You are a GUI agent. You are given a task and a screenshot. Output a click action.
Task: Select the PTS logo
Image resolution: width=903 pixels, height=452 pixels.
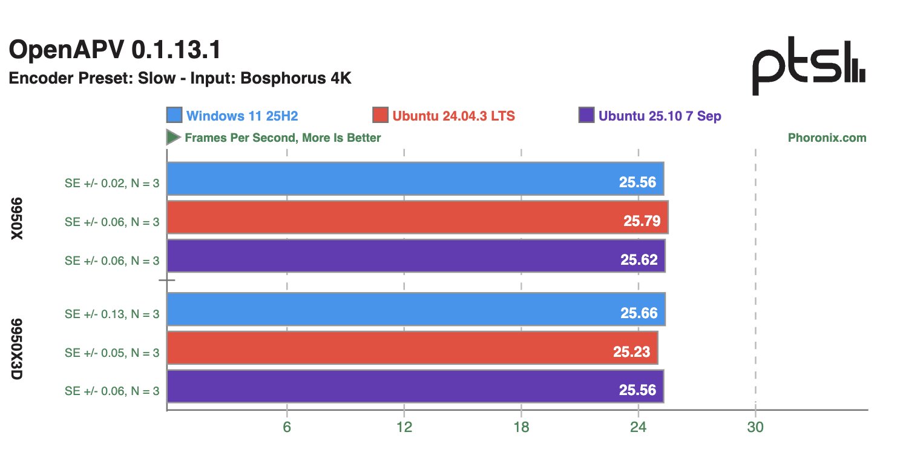point(808,67)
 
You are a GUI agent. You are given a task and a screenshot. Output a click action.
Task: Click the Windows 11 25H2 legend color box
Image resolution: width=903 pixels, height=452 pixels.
point(174,115)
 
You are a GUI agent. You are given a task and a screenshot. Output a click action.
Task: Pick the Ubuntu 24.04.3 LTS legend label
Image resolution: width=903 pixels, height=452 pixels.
point(453,116)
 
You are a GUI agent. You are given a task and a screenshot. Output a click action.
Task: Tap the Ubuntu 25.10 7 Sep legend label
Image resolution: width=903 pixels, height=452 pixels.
point(660,116)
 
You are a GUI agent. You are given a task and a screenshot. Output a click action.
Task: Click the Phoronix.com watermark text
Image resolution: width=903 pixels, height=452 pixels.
point(827,138)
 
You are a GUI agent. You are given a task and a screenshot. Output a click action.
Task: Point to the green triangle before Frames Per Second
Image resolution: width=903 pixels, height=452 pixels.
point(173,138)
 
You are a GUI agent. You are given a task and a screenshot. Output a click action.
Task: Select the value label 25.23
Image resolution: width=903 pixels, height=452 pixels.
point(631,352)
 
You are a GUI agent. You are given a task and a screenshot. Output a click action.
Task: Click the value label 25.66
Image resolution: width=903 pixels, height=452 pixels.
point(639,313)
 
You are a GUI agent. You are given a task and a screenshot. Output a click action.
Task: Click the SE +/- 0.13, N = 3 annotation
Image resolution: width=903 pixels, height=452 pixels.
point(112,314)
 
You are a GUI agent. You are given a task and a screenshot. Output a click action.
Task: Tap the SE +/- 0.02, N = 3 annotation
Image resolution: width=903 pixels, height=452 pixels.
point(112,183)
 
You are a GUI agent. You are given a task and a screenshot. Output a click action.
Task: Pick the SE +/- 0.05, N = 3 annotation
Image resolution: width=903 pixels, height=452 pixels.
point(112,353)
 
